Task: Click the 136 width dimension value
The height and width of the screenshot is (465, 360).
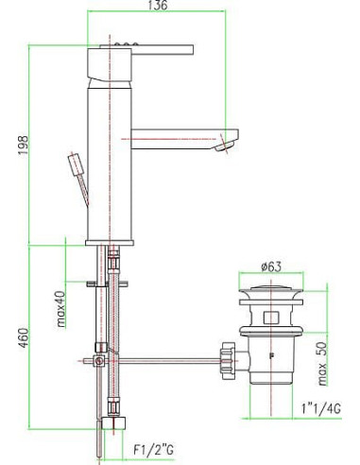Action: click(159, 8)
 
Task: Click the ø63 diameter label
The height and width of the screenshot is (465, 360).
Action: click(273, 267)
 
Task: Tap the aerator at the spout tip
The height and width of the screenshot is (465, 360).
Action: click(224, 146)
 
